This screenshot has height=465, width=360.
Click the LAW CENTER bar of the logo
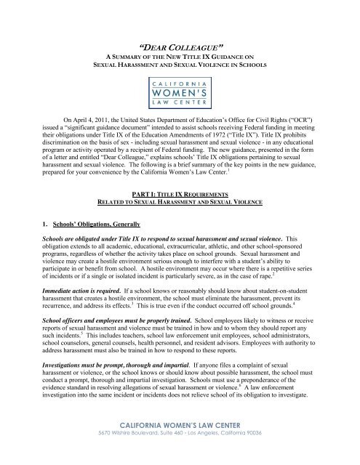[180, 92]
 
